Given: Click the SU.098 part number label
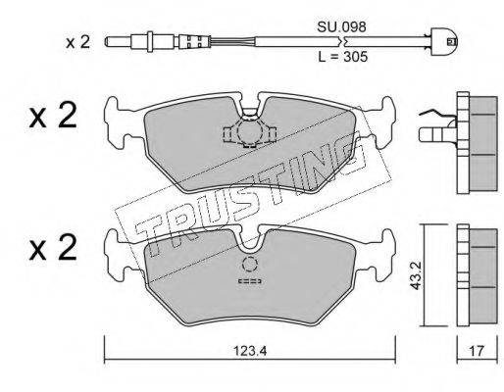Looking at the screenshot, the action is coord(341,27).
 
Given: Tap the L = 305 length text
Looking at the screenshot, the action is coord(343,57).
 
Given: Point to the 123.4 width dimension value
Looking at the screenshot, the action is coord(250,351).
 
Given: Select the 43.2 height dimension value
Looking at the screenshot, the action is coord(415,275).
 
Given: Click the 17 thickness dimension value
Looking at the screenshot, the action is coord(477,351).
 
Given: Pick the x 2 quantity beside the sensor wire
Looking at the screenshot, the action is coord(77,42).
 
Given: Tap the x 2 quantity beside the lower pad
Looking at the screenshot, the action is coord(53,247).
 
